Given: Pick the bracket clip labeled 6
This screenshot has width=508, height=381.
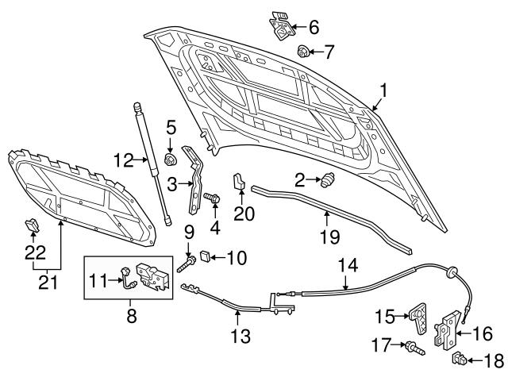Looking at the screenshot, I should (281, 25).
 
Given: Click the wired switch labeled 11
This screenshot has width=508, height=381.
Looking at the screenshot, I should (126, 278).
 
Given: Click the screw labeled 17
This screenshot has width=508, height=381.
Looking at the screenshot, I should (412, 346).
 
